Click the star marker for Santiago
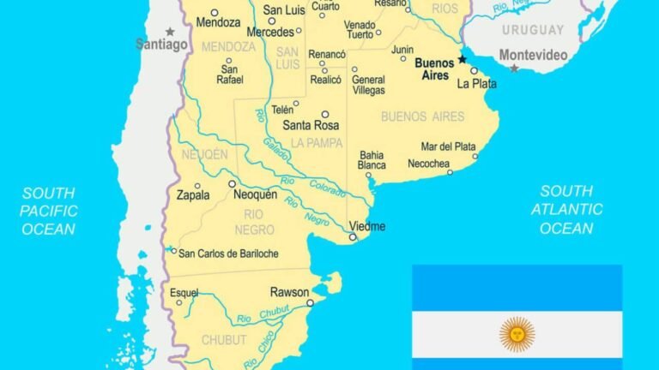click(170, 32)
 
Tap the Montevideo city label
click(533, 55)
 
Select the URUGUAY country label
click(533, 30)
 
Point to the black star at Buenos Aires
click(462, 59)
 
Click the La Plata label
click(476, 84)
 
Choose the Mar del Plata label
click(448, 146)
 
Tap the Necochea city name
click(429, 163)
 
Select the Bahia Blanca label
click(372, 160)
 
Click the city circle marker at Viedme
click(352, 237)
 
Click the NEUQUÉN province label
click(204, 154)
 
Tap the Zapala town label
click(192, 195)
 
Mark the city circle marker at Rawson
click(310, 302)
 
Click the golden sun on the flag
click(517, 334)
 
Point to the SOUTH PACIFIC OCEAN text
click(49, 211)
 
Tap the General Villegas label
click(368, 85)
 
